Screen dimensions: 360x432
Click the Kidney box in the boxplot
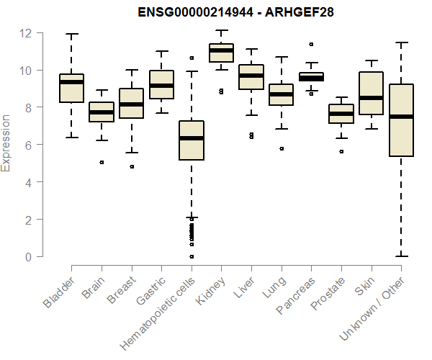221,53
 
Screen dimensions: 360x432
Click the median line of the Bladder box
71,82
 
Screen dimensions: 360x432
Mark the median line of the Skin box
371,98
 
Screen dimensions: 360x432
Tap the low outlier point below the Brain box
102,163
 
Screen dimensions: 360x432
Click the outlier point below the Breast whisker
131,167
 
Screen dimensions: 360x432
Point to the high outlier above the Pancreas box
311,45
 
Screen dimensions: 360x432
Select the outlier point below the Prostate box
341,152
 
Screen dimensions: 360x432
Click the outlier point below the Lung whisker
281,149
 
